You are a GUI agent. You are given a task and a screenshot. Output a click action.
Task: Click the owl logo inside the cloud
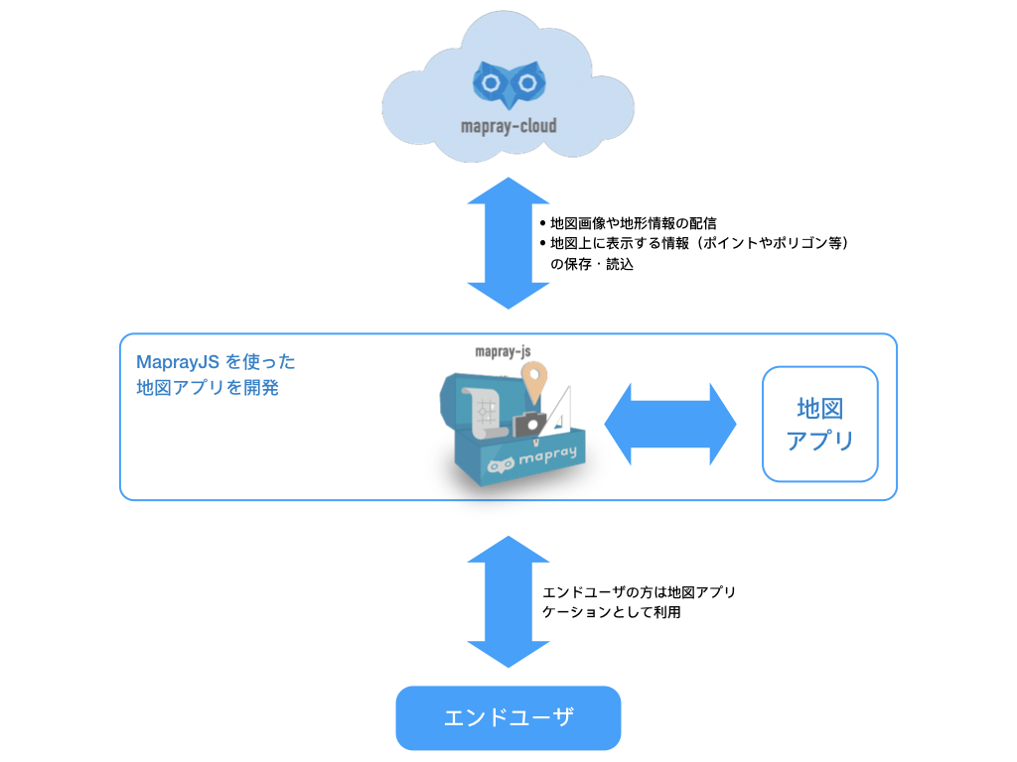pos(508,85)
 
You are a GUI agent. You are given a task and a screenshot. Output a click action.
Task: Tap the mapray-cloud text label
pos(508,126)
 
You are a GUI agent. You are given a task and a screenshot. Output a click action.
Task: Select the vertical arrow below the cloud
pos(508,243)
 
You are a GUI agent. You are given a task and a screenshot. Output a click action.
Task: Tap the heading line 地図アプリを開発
pos(208,388)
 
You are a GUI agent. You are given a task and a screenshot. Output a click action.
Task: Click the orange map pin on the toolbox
pos(535,381)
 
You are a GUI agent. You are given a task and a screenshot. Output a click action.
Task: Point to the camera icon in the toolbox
pos(531,421)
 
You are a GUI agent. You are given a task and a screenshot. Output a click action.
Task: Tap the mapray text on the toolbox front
pos(544,460)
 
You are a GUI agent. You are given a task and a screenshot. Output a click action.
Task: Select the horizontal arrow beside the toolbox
pos(670,424)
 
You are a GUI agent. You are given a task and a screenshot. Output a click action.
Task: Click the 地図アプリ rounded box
pos(820,424)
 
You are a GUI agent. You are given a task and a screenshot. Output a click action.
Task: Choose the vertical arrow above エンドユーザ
pos(508,601)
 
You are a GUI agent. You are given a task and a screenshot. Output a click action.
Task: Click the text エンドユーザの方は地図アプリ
pos(638,592)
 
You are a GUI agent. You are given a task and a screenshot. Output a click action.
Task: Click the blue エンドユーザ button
pos(508,718)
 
